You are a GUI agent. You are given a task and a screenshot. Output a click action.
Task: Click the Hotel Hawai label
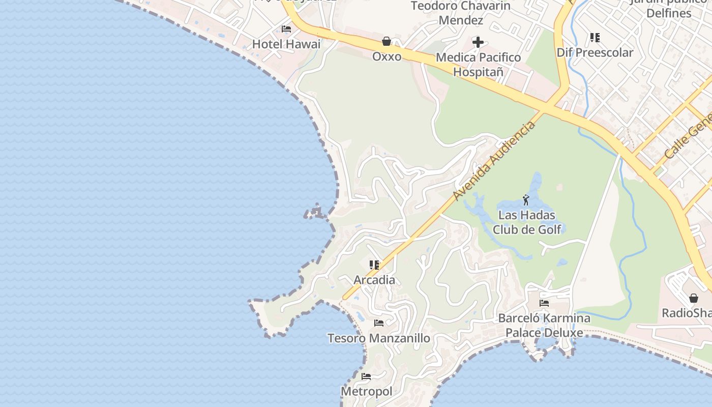point(286,44)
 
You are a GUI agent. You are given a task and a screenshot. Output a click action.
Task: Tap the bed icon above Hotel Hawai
point(286,29)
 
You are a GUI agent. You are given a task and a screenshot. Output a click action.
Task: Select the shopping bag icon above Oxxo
point(387,41)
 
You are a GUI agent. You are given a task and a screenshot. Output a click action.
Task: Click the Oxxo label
point(387,56)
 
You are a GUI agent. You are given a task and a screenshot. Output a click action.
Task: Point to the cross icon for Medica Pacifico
point(478,42)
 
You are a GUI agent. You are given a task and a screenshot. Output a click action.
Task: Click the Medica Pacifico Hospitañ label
point(478,65)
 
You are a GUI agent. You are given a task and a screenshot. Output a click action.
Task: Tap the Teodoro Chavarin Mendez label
point(461,13)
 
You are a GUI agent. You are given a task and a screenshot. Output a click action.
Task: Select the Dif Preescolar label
point(595,52)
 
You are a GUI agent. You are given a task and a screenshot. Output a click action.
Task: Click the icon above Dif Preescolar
point(595,37)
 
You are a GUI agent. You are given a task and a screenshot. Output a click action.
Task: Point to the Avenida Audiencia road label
point(494,161)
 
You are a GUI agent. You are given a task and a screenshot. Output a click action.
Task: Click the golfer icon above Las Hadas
point(526,199)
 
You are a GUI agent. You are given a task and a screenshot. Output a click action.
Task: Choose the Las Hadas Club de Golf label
point(527,222)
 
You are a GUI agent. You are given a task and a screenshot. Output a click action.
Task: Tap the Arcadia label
point(374,280)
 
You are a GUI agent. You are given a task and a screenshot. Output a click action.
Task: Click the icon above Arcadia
point(374,265)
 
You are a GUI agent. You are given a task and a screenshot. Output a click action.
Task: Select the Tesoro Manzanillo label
point(379,338)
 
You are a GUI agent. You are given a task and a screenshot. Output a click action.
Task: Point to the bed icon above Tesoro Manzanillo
point(379,323)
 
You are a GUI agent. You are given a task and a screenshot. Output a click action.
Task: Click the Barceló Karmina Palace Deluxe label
point(544,326)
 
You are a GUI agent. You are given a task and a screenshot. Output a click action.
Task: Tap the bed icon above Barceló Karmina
point(544,303)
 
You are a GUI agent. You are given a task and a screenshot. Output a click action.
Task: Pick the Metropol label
point(366,392)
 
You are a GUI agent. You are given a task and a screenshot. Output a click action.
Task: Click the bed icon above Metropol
point(366,376)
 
